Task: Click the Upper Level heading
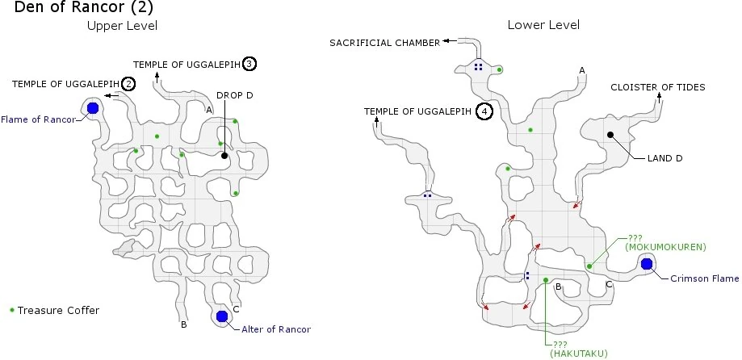tap(122, 26)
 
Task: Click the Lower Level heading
tap(543, 25)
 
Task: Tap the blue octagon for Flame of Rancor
tap(93, 108)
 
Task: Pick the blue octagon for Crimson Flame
tap(647, 263)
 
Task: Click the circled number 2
tap(128, 83)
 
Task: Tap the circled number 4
tap(484, 111)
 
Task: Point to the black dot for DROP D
tap(224, 155)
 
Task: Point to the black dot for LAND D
tap(610, 135)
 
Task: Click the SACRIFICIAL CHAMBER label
tap(384, 42)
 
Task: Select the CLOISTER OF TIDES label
tap(657, 87)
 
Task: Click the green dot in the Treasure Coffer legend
tap(11, 310)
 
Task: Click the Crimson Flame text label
tap(704, 278)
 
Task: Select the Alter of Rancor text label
tap(276, 329)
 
